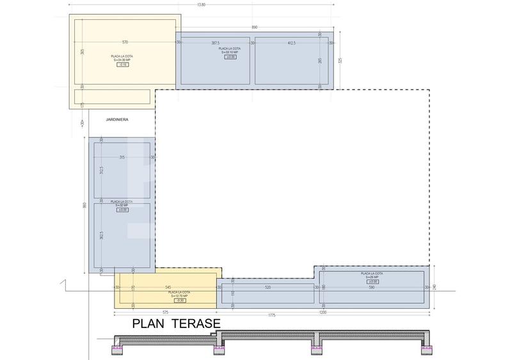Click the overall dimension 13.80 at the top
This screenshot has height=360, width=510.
tap(202, 4)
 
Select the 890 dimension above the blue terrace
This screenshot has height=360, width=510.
tap(254, 27)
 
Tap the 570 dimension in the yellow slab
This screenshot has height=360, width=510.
tap(125, 42)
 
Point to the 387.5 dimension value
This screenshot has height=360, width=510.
tap(215, 43)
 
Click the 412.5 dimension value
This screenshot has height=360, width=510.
tap(291, 43)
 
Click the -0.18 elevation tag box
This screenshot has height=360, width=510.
tap(122, 65)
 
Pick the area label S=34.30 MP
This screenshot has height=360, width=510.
tap(122, 60)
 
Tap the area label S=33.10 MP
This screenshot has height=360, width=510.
tap(229, 52)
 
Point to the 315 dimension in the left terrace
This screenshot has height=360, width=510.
tap(122, 157)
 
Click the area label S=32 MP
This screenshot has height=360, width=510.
tap(122, 205)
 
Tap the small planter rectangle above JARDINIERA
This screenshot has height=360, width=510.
tap(113, 97)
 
